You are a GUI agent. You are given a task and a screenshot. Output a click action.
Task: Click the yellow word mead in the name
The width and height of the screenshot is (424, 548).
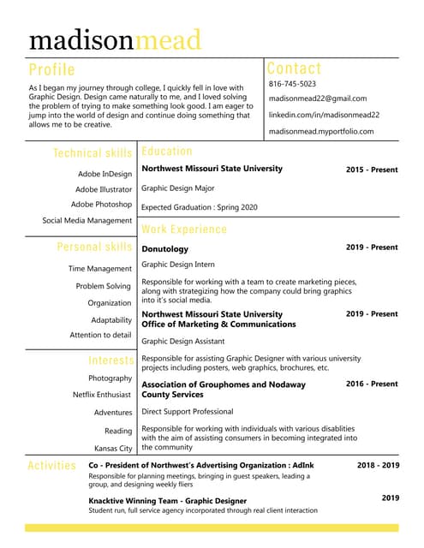pyautogui.click(x=169, y=40)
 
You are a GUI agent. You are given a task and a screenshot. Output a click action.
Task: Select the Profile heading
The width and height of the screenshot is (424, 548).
pyautogui.click(x=51, y=69)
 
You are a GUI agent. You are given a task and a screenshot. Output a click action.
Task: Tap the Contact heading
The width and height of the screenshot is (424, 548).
pyautogui.click(x=294, y=68)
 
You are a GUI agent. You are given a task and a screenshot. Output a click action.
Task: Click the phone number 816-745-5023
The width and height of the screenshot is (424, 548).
pyautogui.click(x=292, y=84)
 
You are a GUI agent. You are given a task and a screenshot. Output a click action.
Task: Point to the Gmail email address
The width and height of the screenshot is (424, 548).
pyautogui.click(x=317, y=98)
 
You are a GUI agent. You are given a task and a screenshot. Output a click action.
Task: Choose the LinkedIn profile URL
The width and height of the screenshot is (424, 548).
pyautogui.click(x=324, y=115)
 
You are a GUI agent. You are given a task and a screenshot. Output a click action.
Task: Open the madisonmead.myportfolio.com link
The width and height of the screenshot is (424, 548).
pyautogui.click(x=321, y=131)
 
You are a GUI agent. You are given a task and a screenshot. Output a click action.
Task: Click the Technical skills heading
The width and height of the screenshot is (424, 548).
pyautogui.click(x=93, y=153)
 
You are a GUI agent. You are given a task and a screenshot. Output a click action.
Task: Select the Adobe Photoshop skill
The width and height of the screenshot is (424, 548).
pyautogui.click(x=101, y=205)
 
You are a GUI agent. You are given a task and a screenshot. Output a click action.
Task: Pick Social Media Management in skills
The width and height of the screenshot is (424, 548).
pyautogui.click(x=87, y=221)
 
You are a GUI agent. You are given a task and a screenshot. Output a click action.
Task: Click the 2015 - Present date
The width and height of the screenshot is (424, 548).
pyautogui.click(x=372, y=170)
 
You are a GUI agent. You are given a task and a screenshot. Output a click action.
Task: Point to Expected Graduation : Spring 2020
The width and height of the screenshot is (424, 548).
pyautogui.click(x=199, y=207)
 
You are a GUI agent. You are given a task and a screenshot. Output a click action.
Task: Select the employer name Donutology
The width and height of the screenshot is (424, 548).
pyautogui.click(x=164, y=249)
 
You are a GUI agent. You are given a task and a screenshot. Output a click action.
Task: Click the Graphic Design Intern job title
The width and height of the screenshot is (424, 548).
pyautogui.click(x=178, y=265)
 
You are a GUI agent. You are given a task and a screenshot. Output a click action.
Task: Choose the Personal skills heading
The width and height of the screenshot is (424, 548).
pyautogui.click(x=94, y=247)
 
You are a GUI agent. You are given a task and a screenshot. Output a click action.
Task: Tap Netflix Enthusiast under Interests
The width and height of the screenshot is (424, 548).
pyautogui.click(x=102, y=395)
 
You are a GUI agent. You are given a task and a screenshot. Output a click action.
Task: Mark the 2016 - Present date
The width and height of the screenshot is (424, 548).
pyautogui.click(x=372, y=384)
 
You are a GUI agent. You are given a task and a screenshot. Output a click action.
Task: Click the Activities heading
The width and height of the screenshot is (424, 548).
pyautogui.click(x=51, y=466)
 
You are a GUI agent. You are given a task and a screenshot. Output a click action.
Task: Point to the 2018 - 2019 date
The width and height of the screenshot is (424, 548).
pyautogui.click(x=378, y=465)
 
